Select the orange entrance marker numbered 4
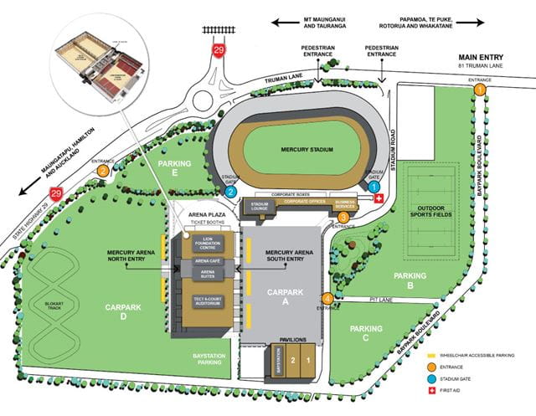click(327, 299)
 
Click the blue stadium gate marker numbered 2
click(230, 191)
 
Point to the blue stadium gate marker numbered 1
click(374, 188)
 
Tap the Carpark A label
click(285, 297)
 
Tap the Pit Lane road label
click(379, 299)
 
